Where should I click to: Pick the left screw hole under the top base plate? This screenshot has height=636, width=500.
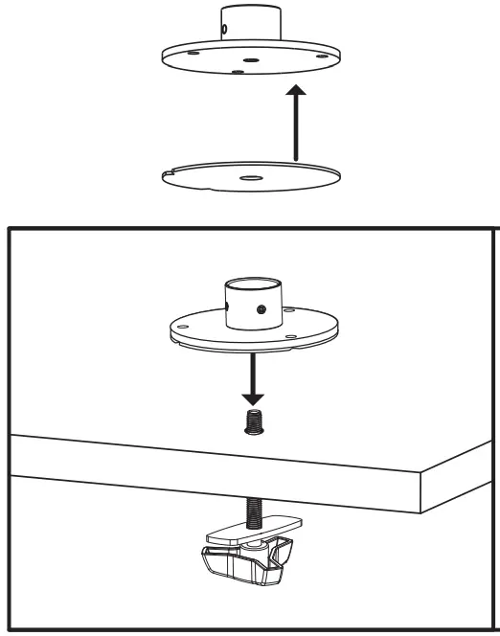coord(194,55)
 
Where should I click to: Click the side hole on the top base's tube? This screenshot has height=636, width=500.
coord(223,29)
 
